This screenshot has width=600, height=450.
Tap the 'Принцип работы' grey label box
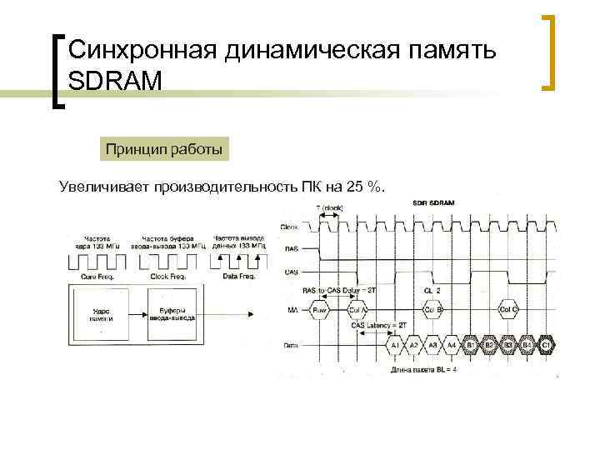coord(163,150)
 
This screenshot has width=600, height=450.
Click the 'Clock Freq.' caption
coord(170,276)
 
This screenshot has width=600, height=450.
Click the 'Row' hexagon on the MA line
coord(319,311)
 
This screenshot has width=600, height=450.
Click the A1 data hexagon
coord(395,344)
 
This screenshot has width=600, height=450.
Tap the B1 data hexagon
coord(470,344)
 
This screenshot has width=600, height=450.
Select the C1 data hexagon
coord(546,344)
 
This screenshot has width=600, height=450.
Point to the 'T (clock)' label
coord(329,207)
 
